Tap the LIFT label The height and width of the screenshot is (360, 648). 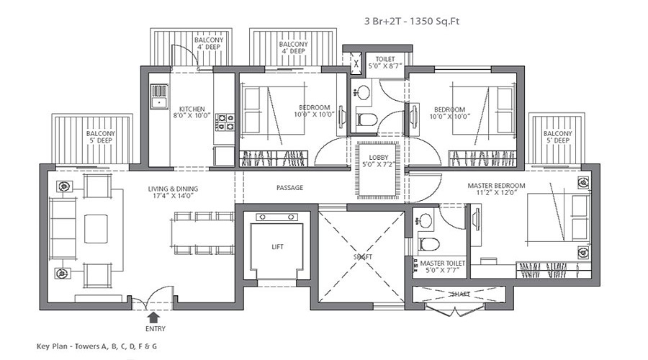[278, 247]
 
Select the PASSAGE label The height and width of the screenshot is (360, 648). [289, 188]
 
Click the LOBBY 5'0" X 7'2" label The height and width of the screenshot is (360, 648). [379, 162]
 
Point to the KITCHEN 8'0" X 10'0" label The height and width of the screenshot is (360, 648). [192, 112]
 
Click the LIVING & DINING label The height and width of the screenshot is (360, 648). [173, 194]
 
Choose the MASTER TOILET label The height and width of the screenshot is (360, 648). [443, 267]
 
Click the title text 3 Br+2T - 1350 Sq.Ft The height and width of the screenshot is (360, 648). [412, 22]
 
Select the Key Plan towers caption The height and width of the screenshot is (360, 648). [96, 346]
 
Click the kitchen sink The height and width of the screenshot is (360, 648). [159, 95]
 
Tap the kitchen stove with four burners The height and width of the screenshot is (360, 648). [224, 122]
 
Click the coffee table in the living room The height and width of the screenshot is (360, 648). [96, 229]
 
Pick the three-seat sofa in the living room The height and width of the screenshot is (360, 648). [63, 229]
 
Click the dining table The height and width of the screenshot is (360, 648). [203, 233]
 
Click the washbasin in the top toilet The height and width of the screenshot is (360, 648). [364, 92]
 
